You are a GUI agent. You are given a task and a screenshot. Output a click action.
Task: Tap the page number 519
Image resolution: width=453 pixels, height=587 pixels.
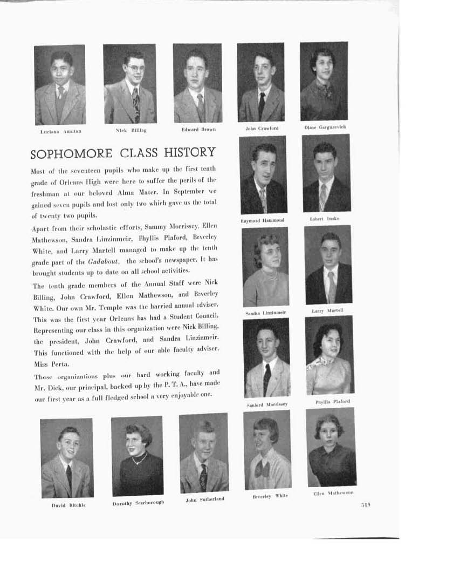click(x=366, y=505)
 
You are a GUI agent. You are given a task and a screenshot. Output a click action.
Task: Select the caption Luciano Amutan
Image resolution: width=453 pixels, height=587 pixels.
click(x=61, y=131)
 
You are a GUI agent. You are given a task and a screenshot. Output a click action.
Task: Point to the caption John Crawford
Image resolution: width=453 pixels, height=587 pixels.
click(x=262, y=129)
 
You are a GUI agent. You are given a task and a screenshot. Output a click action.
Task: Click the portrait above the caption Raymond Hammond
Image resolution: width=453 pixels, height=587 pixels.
click(x=263, y=174)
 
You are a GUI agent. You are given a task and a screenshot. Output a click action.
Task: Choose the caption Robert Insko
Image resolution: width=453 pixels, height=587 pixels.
click(x=325, y=219)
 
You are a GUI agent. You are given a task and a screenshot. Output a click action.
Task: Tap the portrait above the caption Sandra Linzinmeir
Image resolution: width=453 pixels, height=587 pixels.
click(x=265, y=267)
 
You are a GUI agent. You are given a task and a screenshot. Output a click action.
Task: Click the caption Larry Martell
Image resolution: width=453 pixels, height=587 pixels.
click(x=327, y=311)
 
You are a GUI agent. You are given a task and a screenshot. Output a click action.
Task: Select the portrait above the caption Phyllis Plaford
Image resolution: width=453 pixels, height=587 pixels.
click(x=329, y=354)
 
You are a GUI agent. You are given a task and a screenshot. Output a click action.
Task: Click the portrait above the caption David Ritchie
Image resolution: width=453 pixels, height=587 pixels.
click(x=67, y=458)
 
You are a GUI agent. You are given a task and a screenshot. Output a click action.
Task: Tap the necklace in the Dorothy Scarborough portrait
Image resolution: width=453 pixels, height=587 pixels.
click(x=139, y=459)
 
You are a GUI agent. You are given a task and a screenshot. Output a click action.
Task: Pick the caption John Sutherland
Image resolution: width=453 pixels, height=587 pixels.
click(x=204, y=500)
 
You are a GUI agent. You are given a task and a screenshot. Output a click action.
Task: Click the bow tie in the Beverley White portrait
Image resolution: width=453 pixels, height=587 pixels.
click(x=263, y=469)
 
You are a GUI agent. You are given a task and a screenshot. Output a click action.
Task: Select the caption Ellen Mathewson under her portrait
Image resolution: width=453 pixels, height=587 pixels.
click(x=333, y=493)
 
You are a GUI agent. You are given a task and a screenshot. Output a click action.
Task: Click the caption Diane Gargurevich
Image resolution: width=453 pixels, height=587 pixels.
click(x=325, y=127)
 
